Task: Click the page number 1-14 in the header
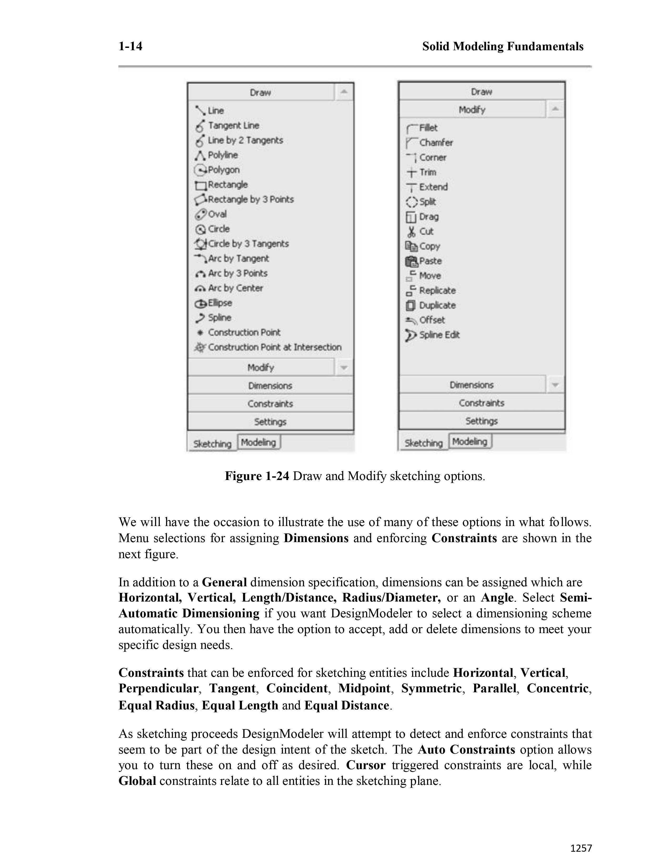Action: pos(130,47)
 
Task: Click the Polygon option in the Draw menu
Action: pos(223,170)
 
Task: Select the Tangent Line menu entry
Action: pos(233,125)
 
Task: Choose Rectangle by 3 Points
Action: pos(251,200)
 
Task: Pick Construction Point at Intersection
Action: pos(274,347)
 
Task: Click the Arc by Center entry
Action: pos(235,288)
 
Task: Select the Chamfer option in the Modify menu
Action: pos(436,143)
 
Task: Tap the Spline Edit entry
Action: pos(439,335)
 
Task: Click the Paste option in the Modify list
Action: pos(430,261)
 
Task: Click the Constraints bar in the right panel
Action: pos(481,403)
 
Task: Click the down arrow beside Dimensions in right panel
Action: pos(555,385)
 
